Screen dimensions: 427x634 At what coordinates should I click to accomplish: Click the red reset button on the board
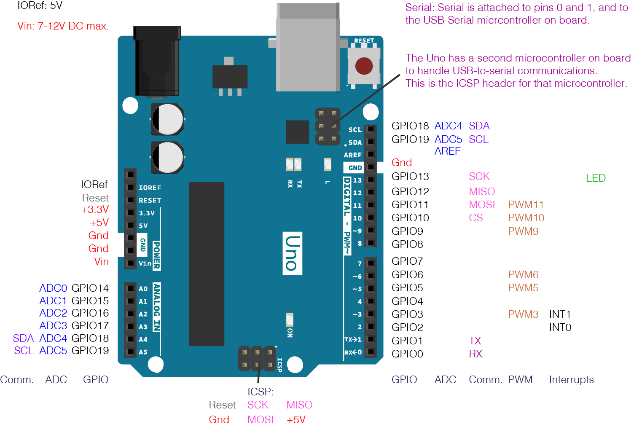point(364,66)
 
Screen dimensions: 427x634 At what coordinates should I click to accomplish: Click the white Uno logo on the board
point(293,253)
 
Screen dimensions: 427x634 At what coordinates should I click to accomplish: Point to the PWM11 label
point(526,205)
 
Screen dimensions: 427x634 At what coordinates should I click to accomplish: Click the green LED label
point(596,178)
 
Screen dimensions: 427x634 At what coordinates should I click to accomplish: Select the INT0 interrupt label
point(560,328)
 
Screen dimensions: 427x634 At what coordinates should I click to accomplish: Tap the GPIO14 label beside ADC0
point(90,288)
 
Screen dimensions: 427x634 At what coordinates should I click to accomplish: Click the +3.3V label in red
point(95,209)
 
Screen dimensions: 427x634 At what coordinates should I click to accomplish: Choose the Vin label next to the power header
point(102,262)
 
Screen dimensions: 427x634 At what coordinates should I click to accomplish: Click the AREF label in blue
point(447,151)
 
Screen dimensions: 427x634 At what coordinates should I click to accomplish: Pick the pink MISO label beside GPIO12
point(482,192)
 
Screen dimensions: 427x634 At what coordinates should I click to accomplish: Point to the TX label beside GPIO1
point(475,341)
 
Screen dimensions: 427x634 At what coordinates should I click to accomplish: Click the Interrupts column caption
point(571,380)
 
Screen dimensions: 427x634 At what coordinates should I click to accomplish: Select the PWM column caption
point(520,380)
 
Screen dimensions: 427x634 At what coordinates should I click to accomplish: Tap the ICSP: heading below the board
point(261,392)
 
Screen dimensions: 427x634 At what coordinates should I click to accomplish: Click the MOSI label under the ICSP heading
point(261,420)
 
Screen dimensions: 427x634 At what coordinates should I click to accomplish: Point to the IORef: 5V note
point(40,6)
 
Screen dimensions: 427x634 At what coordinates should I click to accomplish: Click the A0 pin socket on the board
point(130,288)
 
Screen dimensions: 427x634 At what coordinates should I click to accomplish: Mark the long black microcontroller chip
point(206,264)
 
